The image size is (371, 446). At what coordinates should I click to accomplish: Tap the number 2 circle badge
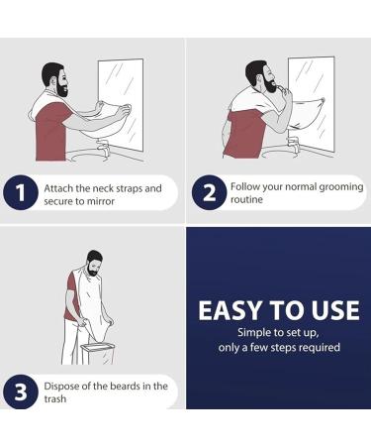point(209,194)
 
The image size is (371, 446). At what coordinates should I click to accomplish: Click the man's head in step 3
point(93,263)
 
